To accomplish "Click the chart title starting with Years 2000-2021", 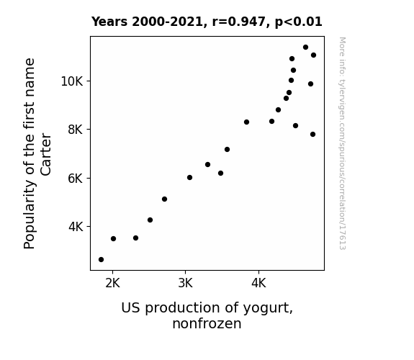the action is [x=207, y=22].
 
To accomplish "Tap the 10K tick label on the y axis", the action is [x=72, y=81].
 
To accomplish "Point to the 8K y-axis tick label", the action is [x=76, y=130].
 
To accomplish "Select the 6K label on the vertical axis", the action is [x=76, y=179].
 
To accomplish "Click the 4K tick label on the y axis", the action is [x=76, y=227].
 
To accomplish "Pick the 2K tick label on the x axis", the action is [x=113, y=283].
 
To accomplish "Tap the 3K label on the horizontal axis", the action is [x=185, y=283].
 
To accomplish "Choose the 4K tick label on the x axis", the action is [x=258, y=283].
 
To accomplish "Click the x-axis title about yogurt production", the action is [x=207, y=315].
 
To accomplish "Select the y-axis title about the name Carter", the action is [x=37, y=153].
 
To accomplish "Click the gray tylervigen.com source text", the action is [x=343, y=143].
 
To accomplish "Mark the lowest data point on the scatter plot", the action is [x=101, y=260].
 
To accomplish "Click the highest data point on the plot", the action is [x=305, y=48].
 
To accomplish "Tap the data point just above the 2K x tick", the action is [x=113, y=239].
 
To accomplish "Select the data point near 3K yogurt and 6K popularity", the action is [x=189, y=178].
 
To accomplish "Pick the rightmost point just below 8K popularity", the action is [x=313, y=135].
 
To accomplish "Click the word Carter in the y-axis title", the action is [x=45, y=154].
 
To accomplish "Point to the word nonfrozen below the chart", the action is [x=207, y=324].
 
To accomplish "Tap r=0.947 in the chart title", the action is [x=239, y=22].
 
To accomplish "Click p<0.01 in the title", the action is [x=299, y=22].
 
